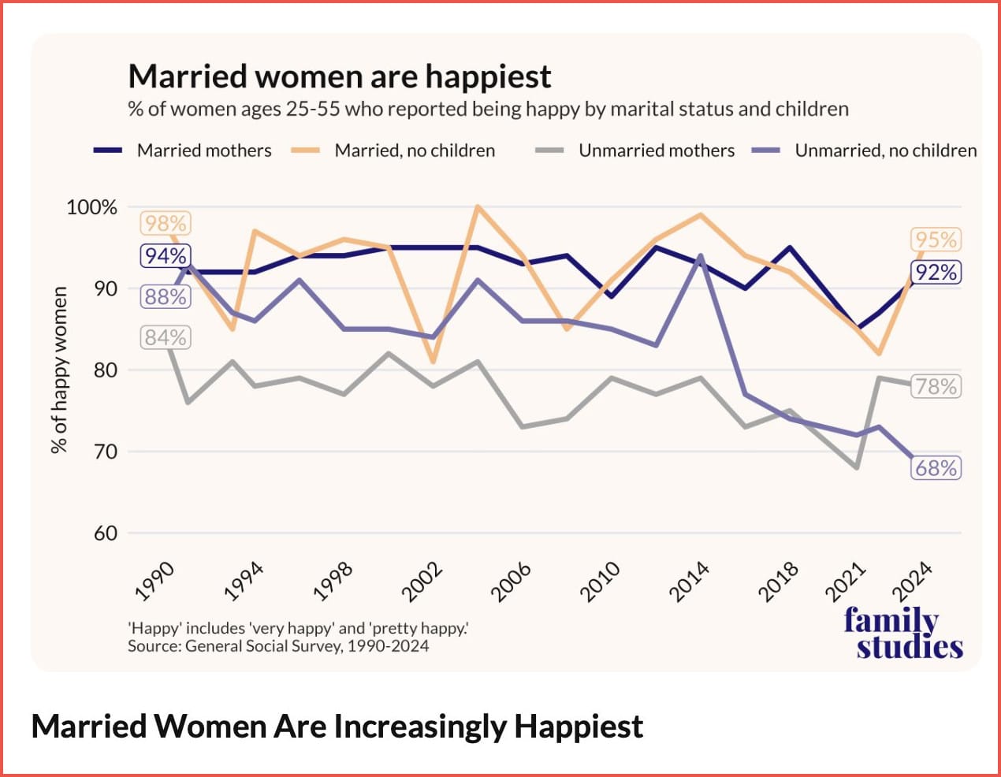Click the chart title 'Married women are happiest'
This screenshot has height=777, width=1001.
tap(339, 76)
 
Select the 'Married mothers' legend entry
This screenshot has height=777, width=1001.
tap(203, 151)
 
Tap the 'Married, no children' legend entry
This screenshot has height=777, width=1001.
tap(415, 151)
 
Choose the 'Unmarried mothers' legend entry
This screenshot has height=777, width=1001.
tap(656, 151)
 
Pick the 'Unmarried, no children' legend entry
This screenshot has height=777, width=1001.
tap(885, 151)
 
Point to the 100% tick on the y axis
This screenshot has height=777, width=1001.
tap(91, 207)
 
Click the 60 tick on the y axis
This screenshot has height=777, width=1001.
tap(105, 533)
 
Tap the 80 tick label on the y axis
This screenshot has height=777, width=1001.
tap(105, 370)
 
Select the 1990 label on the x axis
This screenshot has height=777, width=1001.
tap(155, 582)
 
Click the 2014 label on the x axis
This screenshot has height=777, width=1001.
tap(690, 582)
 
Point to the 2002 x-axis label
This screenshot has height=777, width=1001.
tap(423, 582)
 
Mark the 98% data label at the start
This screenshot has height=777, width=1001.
tap(165, 224)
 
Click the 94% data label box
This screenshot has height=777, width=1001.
tap(165, 256)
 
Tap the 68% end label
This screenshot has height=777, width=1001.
tap(936, 468)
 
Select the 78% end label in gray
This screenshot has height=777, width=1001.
tap(936, 387)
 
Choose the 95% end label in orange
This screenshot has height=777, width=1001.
tap(936, 240)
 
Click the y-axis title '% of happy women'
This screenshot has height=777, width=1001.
tap(59, 370)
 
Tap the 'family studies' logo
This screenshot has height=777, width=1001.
tap(902, 633)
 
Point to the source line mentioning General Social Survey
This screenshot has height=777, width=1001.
tap(278, 647)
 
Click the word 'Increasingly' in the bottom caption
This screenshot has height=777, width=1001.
tap(419, 727)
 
